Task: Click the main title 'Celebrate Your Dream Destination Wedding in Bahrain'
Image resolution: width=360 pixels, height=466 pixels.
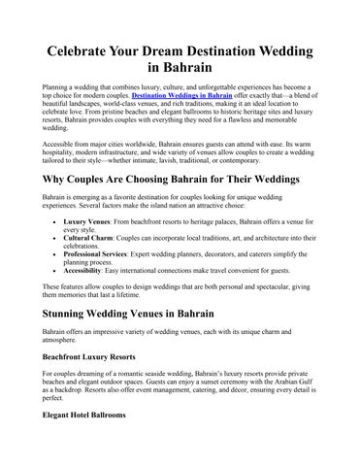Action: click(180, 57)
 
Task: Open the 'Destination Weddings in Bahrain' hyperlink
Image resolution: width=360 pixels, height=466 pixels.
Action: click(180, 98)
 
